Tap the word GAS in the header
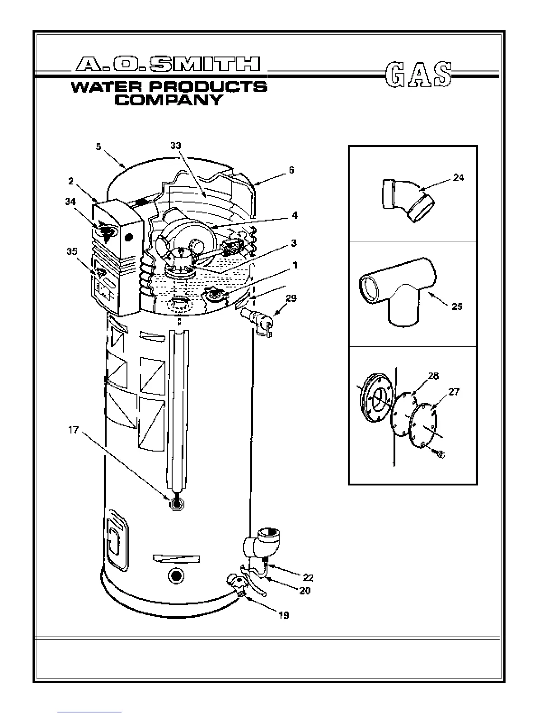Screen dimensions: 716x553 tap(418, 74)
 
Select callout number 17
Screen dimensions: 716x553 tap(73, 430)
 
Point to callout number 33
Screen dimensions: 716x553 tap(176, 146)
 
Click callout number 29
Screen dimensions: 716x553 tap(291, 298)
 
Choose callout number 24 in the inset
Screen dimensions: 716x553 tap(458, 178)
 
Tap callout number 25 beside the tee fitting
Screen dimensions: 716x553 tap(457, 306)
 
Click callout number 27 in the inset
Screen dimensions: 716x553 tap(454, 392)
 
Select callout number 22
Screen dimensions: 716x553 tap(308, 578)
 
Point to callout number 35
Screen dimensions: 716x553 tap(72, 252)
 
